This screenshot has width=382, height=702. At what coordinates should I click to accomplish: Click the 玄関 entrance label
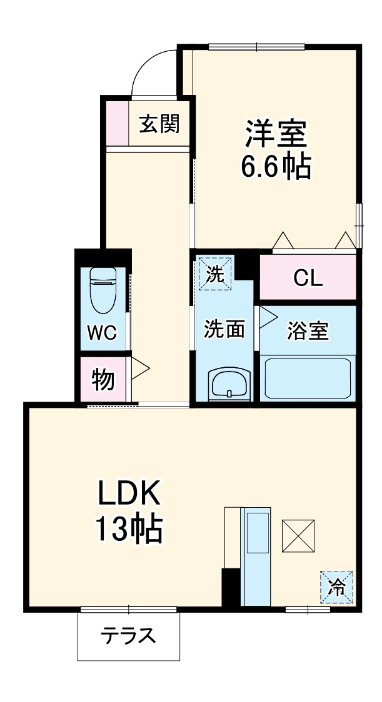(x=159, y=124)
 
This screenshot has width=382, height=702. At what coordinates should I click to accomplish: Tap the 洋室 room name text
(x=275, y=133)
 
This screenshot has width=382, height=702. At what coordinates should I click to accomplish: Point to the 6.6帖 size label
(x=275, y=166)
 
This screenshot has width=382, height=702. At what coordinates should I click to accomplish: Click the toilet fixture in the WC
(x=104, y=290)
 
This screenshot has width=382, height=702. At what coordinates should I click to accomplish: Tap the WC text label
(x=102, y=333)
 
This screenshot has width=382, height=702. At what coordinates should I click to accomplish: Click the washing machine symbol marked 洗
(x=215, y=274)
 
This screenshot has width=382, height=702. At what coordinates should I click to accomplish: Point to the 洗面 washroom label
(x=224, y=329)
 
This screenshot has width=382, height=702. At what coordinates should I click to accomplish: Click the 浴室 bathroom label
(x=308, y=331)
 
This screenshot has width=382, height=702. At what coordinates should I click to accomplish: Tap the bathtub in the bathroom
(x=308, y=378)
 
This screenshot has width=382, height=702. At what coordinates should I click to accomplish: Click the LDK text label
(x=129, y=493)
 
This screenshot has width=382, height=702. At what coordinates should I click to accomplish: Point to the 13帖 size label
(x=129, y=529)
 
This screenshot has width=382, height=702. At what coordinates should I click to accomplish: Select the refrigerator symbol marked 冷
(x=337, y=587)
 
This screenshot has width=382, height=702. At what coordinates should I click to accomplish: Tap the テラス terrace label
(x=128, y=636)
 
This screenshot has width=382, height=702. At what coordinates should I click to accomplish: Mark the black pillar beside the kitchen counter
(x=231, y=587)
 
